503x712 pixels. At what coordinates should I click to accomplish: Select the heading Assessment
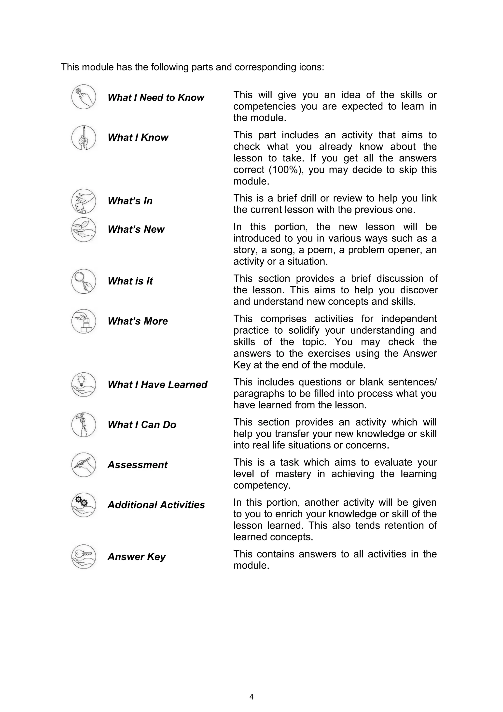click(x=137, y=465)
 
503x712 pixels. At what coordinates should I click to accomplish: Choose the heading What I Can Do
click(x=142, y=425)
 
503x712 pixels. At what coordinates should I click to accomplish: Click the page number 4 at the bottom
click(x=251, y=697)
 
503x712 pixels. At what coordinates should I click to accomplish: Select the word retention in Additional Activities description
click(x=403, y=525)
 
